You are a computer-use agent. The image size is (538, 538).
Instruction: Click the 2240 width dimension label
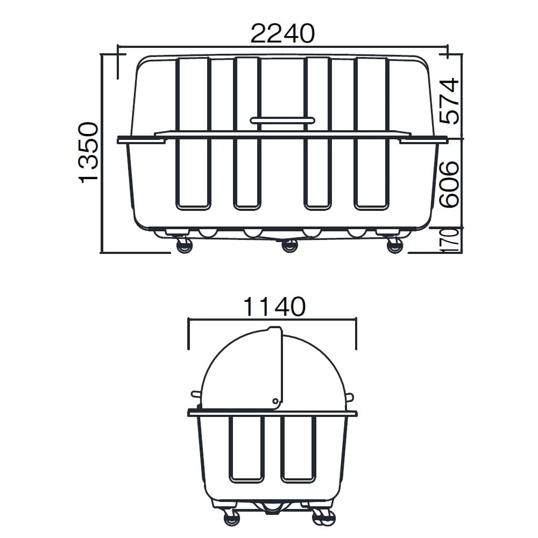[282, 34]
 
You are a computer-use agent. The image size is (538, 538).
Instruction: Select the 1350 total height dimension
[88, 153]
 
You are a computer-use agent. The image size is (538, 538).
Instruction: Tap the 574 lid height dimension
[449, 101]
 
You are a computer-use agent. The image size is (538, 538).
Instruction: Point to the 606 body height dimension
[449, 184]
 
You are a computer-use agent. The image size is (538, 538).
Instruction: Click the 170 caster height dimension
[450, 239]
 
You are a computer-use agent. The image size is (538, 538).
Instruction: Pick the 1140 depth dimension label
[274, 307]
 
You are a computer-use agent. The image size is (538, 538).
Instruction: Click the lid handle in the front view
[282, 121]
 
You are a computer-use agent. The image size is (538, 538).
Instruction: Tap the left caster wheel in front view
[184, 246]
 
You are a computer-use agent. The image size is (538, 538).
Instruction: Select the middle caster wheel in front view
[289, 246]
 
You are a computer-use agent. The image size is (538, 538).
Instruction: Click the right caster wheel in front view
[394, 246]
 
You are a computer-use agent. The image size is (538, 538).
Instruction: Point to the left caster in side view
[231, 518]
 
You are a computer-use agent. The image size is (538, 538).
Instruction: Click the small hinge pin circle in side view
[275, 400]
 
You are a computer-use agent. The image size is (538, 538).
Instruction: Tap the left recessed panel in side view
[246, 448]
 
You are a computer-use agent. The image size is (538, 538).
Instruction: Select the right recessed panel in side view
[298, 448]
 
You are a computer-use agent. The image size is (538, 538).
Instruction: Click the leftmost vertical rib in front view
[193, 133]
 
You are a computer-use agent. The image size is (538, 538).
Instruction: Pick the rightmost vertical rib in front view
[371, 133]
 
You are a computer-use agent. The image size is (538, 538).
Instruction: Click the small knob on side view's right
[350, 398]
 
